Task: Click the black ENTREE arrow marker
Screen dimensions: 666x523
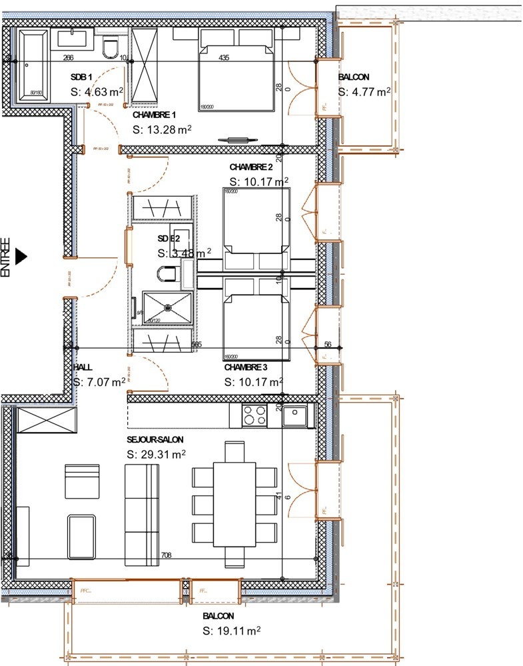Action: point(21,255)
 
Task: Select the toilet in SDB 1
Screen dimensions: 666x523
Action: point(111,48)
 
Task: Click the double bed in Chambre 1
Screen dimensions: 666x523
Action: point(236,77)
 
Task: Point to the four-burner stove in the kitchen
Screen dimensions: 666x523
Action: point(254,415)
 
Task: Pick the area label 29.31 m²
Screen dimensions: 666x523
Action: point(156,453)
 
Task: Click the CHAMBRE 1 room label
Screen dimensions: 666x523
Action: point(154,115)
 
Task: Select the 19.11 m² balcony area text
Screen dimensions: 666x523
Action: point(231,630)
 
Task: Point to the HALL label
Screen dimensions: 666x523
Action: point(83,367)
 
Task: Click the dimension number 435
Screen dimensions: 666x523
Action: point(224,58)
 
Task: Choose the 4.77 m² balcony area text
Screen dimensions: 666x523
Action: point(364,92)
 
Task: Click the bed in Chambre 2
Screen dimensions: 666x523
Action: point(257,221)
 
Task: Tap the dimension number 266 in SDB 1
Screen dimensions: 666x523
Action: point(68,58)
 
